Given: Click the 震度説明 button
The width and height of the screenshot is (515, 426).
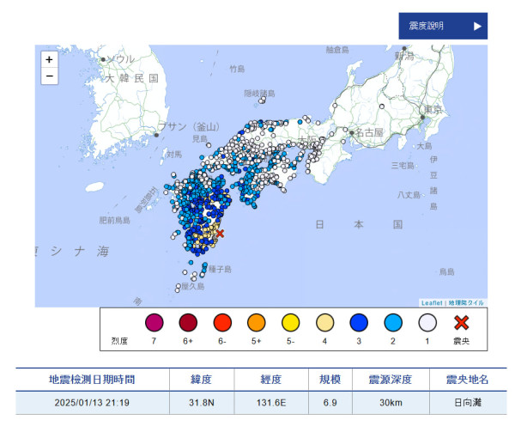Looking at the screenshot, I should click(x=442, y=26).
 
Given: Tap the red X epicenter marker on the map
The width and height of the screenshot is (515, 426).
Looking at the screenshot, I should click(x=220, y=233).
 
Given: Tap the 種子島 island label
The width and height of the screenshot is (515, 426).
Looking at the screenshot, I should click(x=220, y=269).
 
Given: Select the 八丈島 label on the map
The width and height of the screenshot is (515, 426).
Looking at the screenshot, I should click(x=409, y=196).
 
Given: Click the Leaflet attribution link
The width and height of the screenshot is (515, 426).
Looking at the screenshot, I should click(x=431, y=302).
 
